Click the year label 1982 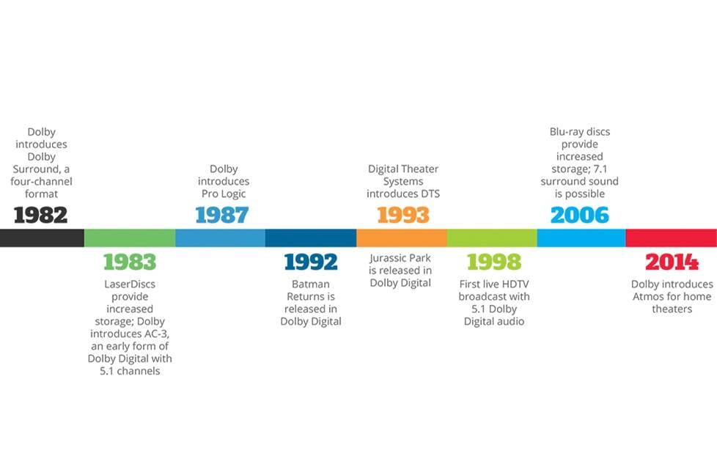point(41,215)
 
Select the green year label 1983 point(130,262)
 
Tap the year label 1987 point(222,215)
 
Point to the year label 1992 point(311,262)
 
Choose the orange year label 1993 point(403,215)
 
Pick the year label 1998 point(494,262)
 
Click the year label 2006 point(580,215)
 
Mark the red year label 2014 point(672,262)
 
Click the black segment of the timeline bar point(42,238)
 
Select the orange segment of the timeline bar point(402,238)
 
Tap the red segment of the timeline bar point(672,238)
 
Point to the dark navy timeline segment point(311,238)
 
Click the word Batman point(311,284)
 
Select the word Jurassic point(387,258)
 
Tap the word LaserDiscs point(130,284)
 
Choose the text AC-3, point(156,334)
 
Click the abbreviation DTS point(430,194)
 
